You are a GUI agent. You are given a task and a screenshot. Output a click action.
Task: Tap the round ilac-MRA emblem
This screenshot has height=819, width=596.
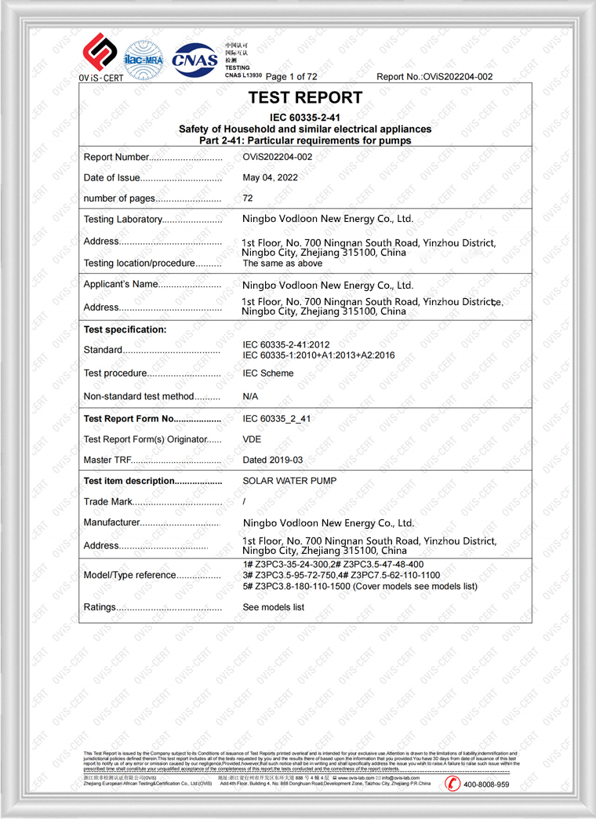pyautogui.click(x=144, y=59)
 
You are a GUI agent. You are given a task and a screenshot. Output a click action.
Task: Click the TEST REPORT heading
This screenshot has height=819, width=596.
pyautogui.click(x=305, y=98)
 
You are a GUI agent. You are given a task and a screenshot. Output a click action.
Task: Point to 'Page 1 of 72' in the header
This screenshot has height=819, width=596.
pyautogui.click(x=292, y=77)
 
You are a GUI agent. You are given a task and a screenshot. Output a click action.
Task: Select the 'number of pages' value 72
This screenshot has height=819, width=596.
pyautogui.click(x=248, y=198)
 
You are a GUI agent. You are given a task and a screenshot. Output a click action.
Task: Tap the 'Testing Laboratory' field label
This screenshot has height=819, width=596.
pyautogui.click(x=123, y=220)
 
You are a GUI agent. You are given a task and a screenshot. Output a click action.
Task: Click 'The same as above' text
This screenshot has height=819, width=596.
pyautogui.click(x=282, y=264)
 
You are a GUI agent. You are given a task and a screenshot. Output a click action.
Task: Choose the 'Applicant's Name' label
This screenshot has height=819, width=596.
pyautogui.click(x=121, y=284)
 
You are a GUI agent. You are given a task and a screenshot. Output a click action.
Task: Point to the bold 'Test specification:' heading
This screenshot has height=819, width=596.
pyautogui.click(x=125, y=329)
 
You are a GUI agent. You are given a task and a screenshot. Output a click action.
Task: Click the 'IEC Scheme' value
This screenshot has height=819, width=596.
pyautogui.click(x=268, y=373)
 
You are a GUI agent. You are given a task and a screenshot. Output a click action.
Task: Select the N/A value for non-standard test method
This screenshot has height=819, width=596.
pyautogui.click(x=250, y=397)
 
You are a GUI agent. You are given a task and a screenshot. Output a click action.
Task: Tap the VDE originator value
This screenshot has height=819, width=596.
pyautogui.click(x=253, y=439)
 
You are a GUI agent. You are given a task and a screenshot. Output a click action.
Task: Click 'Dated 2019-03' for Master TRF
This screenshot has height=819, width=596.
pyautogui.click(x=273, y=460)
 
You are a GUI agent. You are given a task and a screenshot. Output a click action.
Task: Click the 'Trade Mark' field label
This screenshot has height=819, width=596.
pyautogui.click(x=108, y=502)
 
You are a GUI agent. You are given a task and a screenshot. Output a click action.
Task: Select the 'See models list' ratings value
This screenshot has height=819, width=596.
pyautogui.click(x=273, y=607)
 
